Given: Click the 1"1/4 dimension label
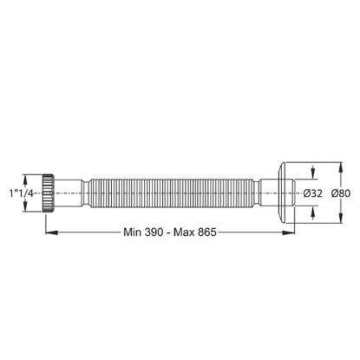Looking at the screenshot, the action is (x=22, y=193).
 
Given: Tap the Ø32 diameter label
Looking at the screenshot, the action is (x=313, y=193).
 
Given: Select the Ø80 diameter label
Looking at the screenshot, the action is (x=341, y=193).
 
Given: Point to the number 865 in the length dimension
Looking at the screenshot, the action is (x=207, y=232).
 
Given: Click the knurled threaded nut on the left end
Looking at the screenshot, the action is (x=49, y=193).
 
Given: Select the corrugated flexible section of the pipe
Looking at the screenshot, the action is (x=172, y=193).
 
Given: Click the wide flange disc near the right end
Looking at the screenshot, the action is (x=281, y=193).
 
